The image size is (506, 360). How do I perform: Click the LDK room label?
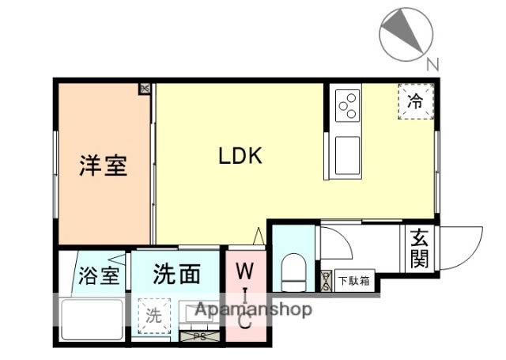[x=240, y=156]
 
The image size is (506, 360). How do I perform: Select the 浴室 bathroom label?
[x=100, y=277]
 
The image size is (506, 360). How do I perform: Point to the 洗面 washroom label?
[x=176, y=275]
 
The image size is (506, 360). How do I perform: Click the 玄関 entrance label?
[x=419, y=248]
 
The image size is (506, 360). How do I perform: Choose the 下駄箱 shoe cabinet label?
[x=353, y=279]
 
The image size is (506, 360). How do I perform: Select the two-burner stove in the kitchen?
[x=347, y=106]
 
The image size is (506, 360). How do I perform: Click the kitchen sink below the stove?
[x=346, y=155]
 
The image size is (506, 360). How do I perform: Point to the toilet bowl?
[x=293, y=271]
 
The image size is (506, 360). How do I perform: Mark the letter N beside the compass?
[x=432, y=66]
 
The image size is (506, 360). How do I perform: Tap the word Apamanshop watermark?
[x=253, y=309]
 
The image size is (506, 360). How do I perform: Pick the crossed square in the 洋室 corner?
[x=145, y=89]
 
